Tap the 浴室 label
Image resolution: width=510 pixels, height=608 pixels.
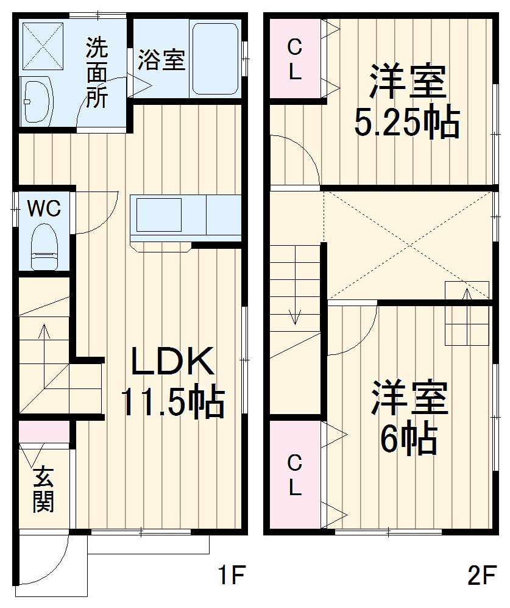coord(161,60)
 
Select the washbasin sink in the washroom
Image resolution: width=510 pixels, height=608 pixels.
coord(37,101)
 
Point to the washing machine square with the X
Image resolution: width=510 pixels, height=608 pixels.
coord(43,46)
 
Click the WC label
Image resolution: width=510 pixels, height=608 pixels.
coord(44,209)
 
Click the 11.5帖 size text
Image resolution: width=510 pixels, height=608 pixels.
coord(173,403)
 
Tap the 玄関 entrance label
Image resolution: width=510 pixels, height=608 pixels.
coord(43,488)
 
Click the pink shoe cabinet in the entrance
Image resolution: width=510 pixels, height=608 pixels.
coord(44,431)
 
